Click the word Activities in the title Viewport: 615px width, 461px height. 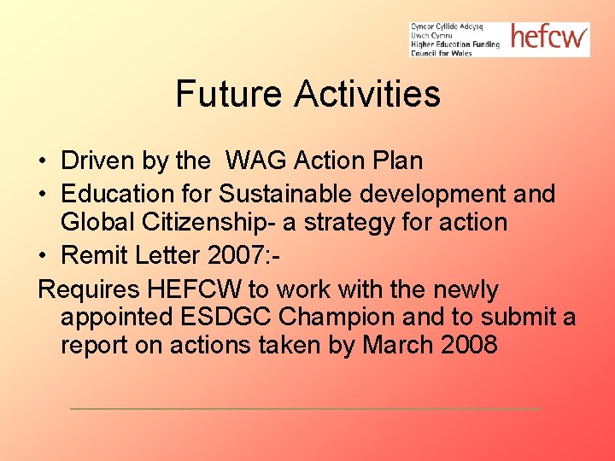point(367,94)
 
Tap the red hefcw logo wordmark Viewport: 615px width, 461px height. point(548,37)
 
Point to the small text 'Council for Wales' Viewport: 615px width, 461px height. point(442,53)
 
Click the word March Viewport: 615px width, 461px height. point(400,346)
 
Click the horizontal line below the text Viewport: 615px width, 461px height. point(305,408)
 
